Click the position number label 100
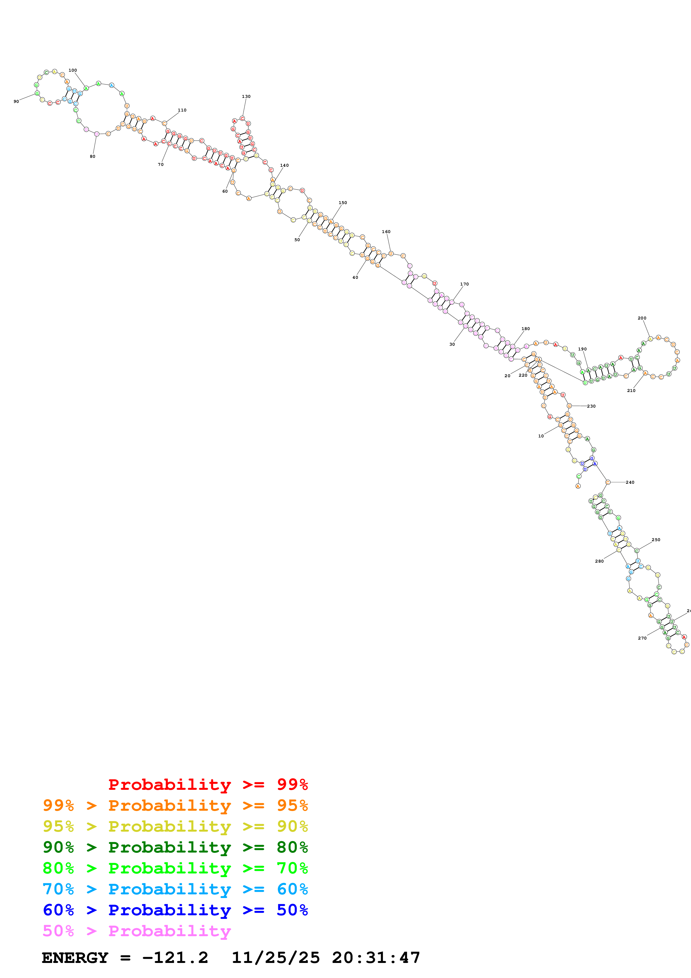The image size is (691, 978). click(x=73, y=70)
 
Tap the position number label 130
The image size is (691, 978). click(x=246, y=96)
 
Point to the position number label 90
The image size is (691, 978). click(x=16, y=101)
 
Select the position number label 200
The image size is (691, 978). click(x=642, y=318)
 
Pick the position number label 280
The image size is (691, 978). click(x=599, y=561)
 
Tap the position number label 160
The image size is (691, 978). click(x=386, y=232)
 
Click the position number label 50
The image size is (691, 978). click(x=297, y=240)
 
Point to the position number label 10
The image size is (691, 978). click(x=541, y=436)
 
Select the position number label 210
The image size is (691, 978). click(x=631, y=390)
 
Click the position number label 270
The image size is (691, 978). click(x=642, y=638)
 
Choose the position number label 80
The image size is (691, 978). click(x=92, y=156)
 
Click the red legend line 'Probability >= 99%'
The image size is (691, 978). click(x=208, y=785)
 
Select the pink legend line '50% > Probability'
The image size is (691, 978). click(x=137, y=931)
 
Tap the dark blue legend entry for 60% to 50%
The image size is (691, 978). click(x=175, y=910)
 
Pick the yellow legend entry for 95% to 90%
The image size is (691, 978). click(x=175, y=826)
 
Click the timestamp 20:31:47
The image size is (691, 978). click(x=376, y=958)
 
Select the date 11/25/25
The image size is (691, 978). click(x=275, y=958)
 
